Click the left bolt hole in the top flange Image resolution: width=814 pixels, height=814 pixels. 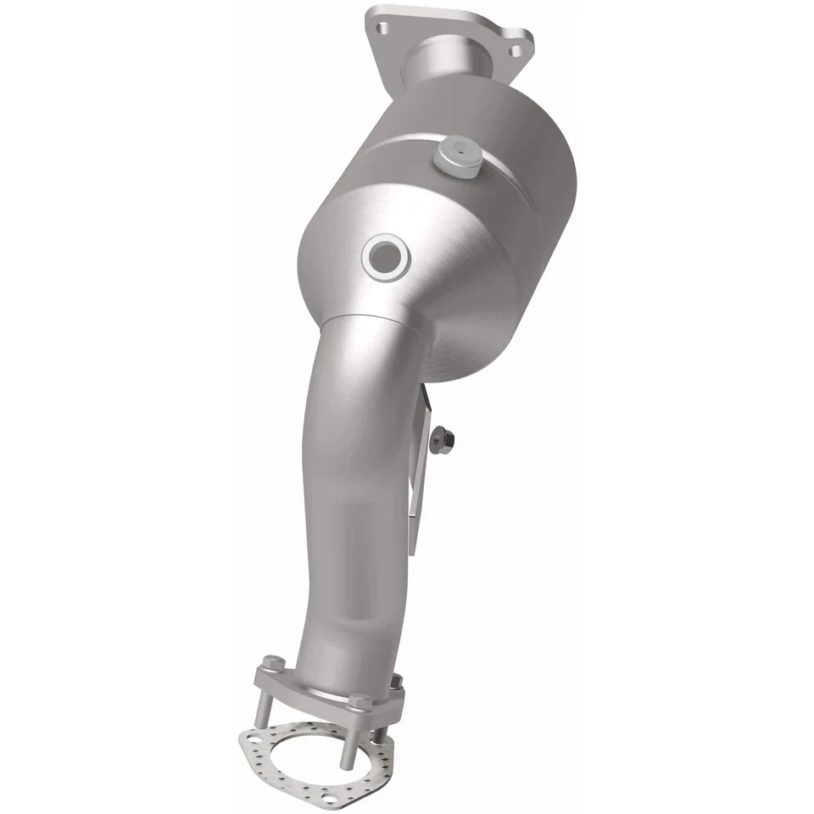tap(382, 29)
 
